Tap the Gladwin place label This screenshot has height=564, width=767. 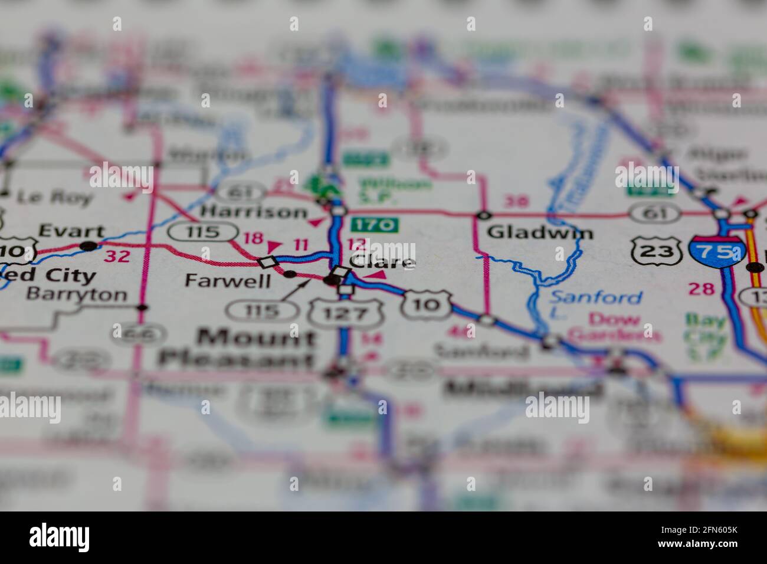coord(540,232)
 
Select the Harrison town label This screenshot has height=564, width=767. coord(254,211)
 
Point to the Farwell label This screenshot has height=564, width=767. coord(227,280)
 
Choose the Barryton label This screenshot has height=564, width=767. coord(77,294)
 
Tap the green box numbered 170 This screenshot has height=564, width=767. coord(375,225)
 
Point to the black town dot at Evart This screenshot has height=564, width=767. coord(88,245)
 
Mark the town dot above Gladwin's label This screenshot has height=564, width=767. coord(484,215)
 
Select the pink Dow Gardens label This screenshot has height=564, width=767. coord(613,327)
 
